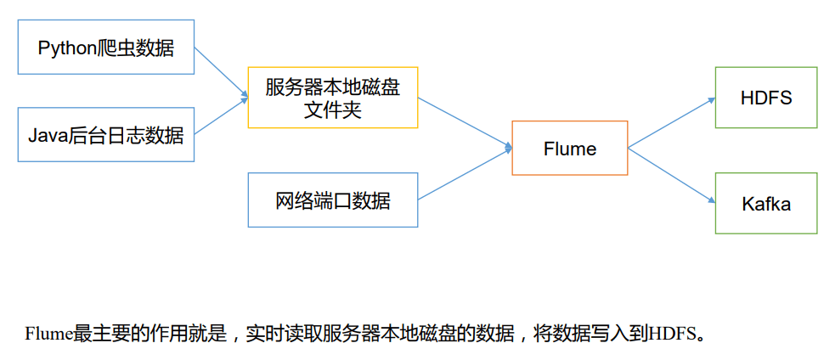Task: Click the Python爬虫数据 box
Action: pos(106,48)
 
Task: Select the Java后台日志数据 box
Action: pos(106,134)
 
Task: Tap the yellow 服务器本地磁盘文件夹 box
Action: pos(332,98)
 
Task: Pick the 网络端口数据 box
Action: pos(332,200)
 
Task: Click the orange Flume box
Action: pos(569,149)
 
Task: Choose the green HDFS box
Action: pos(765,98)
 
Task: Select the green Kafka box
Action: pos(765,204)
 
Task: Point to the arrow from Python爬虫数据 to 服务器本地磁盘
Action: pos(221,71)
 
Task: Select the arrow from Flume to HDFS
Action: pos(671,123)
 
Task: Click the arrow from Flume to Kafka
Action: pos(671,175)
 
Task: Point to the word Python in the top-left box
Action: pos(64,48)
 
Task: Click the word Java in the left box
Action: pos(45,134)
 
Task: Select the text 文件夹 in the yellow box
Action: pos(332,110)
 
